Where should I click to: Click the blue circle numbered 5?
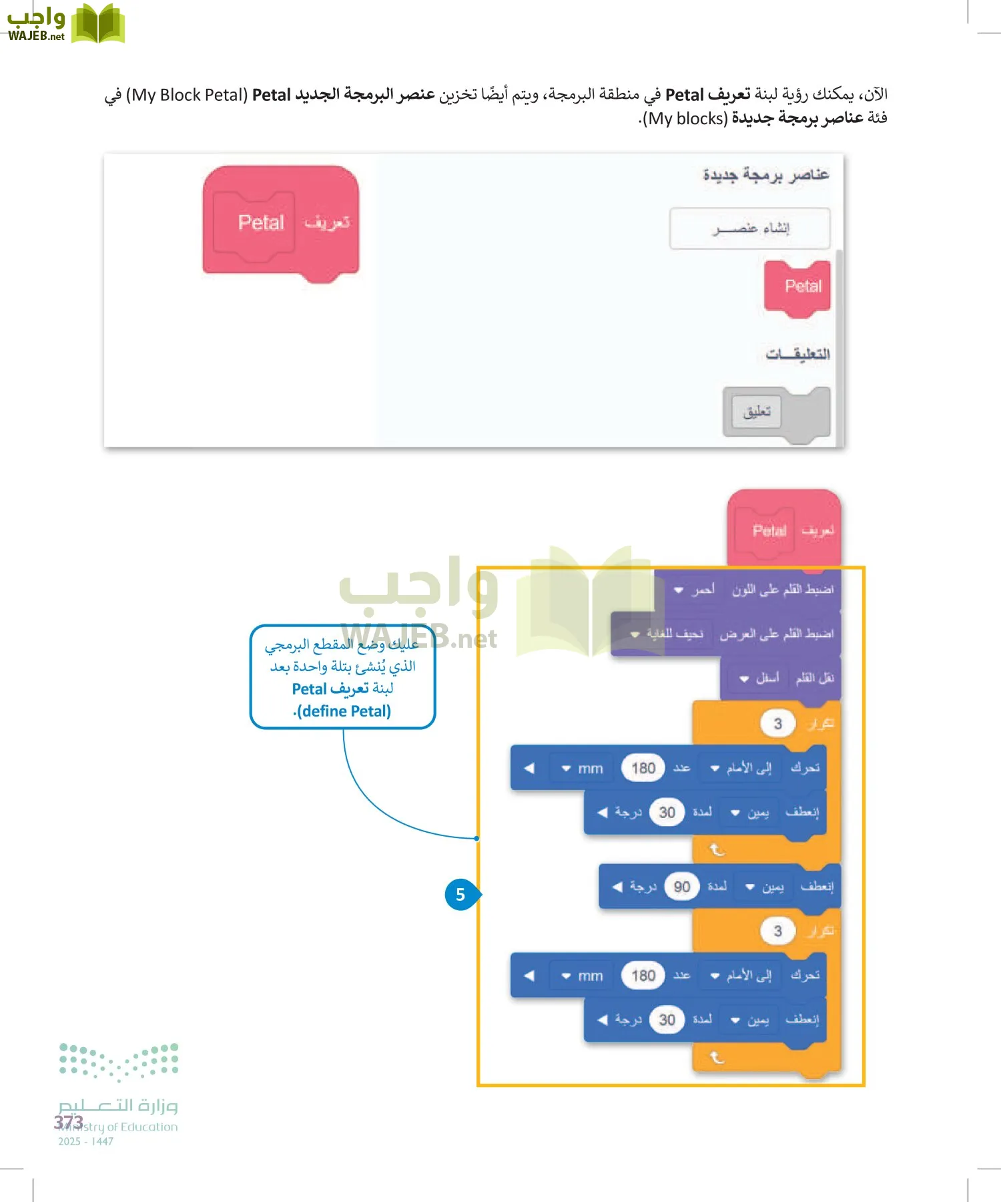click(x=460, y=895)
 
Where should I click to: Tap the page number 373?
click(x=69, y=1122)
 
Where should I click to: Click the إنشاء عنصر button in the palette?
click(x=750, y=228)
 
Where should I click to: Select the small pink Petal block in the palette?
click(x=798, y=287)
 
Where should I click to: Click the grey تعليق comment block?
click(x=757, y=411)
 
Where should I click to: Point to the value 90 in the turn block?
click(x=681, y=887)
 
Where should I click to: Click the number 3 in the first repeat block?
click(x=777, y=724)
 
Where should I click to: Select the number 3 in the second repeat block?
click(x=777, y=931)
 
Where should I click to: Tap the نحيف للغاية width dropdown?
click(x=667, y=634)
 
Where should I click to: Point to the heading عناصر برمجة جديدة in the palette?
click(x=765, y=175)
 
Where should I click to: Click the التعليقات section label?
click(x=797, y=354)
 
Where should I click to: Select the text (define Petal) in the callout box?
click(x=343, y=711)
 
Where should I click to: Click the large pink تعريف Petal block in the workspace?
click(x=280, y=222)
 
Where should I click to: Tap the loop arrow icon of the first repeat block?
click(x=717, y=849)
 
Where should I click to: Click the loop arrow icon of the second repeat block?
click(x=717, y=1057)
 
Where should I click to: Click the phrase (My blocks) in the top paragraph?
click(x=683, y=119)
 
